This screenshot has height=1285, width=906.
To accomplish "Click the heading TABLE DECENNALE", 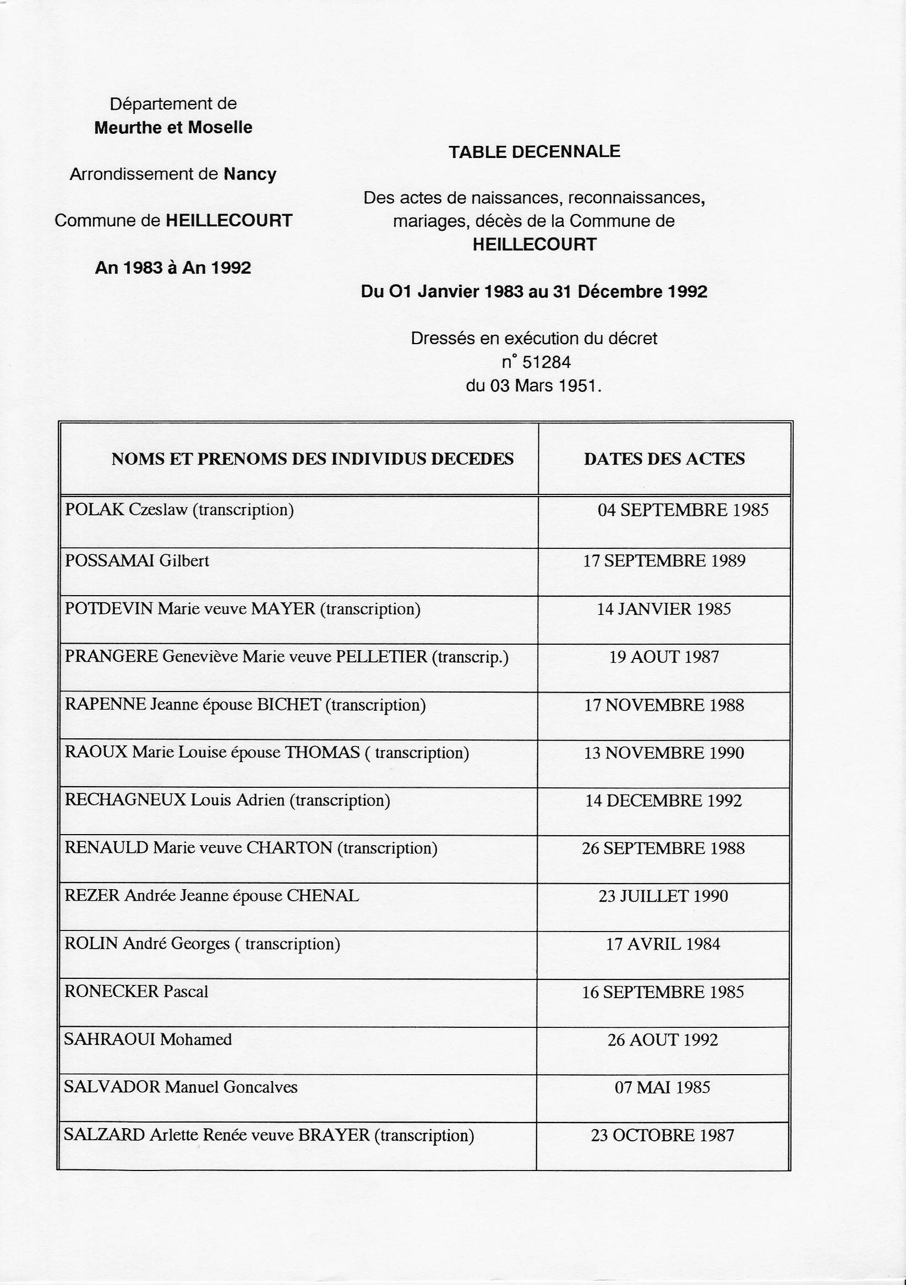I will coord(534,151).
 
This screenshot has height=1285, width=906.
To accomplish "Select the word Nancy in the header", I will coord(249,174).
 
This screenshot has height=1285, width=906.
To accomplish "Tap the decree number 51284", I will coord(545,363).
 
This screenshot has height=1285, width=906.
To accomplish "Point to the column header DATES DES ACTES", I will coord(664,459).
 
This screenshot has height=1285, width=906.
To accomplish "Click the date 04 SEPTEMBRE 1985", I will coord(683,510).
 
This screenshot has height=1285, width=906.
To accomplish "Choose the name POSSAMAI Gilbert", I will coord(137,561).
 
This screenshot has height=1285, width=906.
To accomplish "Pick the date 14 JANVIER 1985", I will coord(664,609).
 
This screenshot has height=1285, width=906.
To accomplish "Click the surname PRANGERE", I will coord(111,656).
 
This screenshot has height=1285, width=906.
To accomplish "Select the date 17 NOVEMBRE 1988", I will coord(664,705).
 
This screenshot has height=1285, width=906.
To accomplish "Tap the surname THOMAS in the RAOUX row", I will coord(323,752).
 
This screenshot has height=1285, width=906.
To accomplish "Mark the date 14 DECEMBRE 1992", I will coord(663,801).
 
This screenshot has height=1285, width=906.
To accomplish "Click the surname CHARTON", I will coord(290,848).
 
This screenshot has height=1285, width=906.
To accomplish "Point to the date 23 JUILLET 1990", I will coord(663,896).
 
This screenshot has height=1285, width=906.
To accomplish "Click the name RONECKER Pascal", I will coord(136,992).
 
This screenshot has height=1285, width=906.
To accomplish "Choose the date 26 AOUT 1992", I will coord(663,1040).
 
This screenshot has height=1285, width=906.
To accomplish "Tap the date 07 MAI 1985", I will coord(662,1087).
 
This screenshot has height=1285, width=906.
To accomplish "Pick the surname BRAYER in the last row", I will coord(334,1135).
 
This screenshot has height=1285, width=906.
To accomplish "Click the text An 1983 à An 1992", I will coord(173,268).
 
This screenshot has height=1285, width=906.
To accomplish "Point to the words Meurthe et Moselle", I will coord(173,128).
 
